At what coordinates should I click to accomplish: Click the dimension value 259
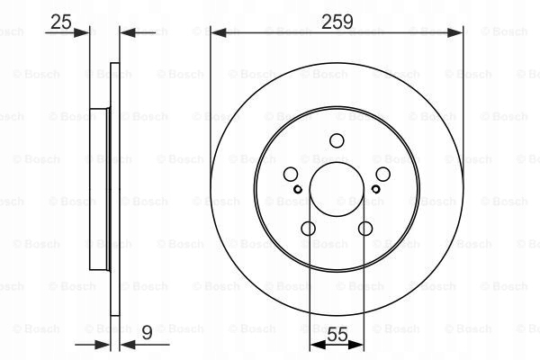point(337,22)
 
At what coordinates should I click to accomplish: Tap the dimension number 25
point(61,22)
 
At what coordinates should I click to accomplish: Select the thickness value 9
point(147,333)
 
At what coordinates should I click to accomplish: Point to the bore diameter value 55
point(337,334)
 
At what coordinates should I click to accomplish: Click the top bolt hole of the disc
point(337,140)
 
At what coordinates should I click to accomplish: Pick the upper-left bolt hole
point(291,175)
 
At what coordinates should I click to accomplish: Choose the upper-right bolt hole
point(383,175)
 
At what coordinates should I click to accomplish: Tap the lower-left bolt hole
point(308,229)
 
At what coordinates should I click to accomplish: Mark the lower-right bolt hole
point(365,229)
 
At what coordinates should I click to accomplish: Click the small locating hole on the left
point(298,189)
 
